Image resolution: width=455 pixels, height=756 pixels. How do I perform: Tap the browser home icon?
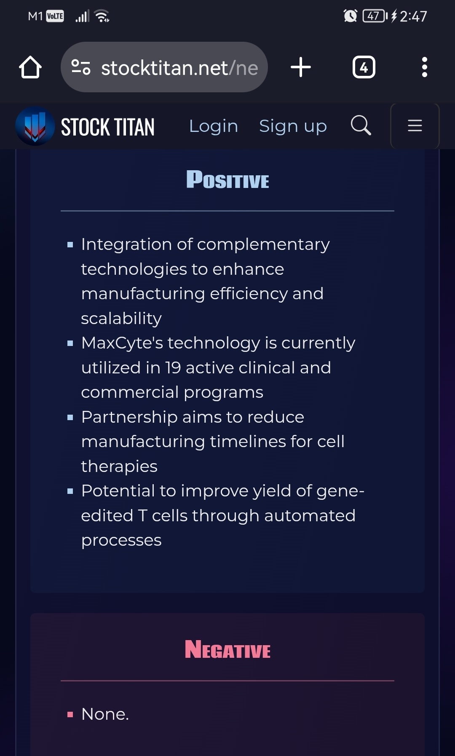point(30,67)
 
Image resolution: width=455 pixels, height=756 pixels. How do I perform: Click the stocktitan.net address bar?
point(164,67)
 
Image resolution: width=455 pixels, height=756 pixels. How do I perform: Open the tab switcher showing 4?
point(364,67)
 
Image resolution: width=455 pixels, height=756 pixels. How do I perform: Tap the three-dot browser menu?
point(424,67)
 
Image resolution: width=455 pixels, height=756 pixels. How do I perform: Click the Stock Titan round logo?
point(35,126)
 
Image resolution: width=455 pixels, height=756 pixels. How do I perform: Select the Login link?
point(214,126)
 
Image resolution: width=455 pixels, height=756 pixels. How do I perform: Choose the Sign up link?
point(293,126)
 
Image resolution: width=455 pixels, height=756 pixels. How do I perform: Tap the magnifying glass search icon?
point(361,125)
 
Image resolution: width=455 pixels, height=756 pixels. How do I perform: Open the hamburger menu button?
point(415,126)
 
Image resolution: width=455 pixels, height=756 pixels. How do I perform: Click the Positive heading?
point(227,180)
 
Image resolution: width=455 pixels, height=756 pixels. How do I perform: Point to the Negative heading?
point(227,649)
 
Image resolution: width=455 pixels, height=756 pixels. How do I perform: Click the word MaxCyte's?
point(122,343)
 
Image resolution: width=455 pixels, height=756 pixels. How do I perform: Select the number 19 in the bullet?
point(173,368)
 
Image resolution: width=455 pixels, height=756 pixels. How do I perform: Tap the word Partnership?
point(129,417)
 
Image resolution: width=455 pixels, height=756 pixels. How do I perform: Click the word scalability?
point(121,319)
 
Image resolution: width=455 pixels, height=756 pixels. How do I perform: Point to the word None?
point(105,714)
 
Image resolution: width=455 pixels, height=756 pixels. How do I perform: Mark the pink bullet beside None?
point(70,715)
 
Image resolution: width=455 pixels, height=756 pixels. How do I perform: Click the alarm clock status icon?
point(350,16)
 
